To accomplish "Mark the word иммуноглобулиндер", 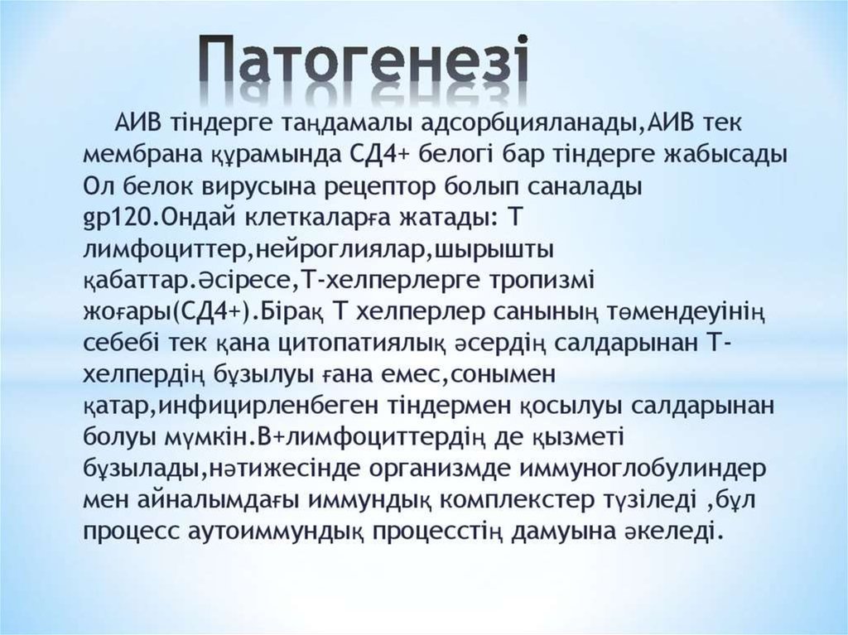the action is click(x=643, y=469).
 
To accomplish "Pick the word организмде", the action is click(x=440, y=469).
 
